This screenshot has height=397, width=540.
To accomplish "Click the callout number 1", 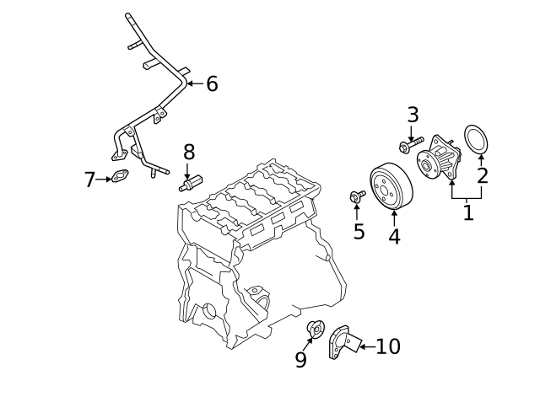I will click(468, 212).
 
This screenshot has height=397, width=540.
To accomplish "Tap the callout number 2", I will click(483, 175).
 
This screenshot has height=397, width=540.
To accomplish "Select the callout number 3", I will click(413, 115).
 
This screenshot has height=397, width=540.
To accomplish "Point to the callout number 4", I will click(394, 237).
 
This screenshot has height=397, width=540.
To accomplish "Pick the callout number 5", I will click(359, 232).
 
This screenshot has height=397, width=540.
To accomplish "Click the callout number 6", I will click(212, 83).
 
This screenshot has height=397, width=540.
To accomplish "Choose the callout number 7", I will click(90, 180).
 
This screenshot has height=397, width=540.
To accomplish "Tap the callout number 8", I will click(189, 152).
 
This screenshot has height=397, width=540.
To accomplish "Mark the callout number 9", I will click(301, 360).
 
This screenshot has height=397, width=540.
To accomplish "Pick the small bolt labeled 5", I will click(356, 196).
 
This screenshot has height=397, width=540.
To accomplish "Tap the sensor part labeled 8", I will click(191, 183).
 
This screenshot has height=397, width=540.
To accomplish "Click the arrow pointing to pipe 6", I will click(194, 83).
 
